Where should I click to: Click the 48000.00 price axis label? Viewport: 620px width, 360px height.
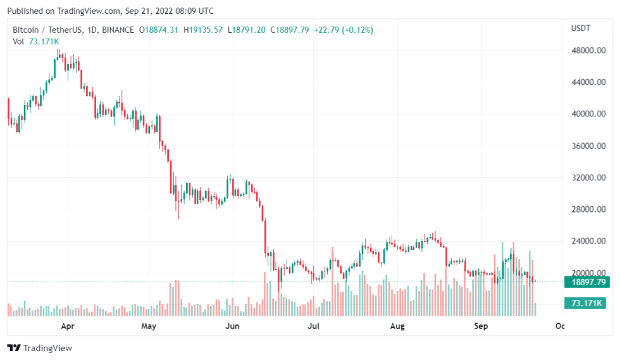pyautogui.click(x=589, y=51)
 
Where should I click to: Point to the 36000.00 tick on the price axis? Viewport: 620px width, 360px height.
pyautogui.click(x=589, y=146)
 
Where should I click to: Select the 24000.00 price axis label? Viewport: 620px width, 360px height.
pyautogui.click(x=589, y=241)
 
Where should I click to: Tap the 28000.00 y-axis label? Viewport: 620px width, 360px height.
pyautogui.click(x=589, y=209)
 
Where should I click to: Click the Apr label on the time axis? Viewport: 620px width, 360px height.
pyautogui.click(x=68, y=326)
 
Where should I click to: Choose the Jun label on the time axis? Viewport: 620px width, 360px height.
pyautogui.click(x=233, y=326)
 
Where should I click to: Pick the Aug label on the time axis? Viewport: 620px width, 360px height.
pyautogui.click(x=397, y=326)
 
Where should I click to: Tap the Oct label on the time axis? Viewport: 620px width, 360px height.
pyautogui.click(x=560, y=326)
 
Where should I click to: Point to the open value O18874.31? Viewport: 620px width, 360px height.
pyautogui.click(x=162, y=30)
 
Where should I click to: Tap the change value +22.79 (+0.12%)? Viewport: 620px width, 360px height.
pyautogui.click(x=345, y=30)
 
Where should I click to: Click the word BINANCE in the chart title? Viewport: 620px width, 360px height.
pyautogui.click(x=117, y=30)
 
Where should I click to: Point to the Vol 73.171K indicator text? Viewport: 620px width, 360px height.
pyautogui.click(x=37, y=41)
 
